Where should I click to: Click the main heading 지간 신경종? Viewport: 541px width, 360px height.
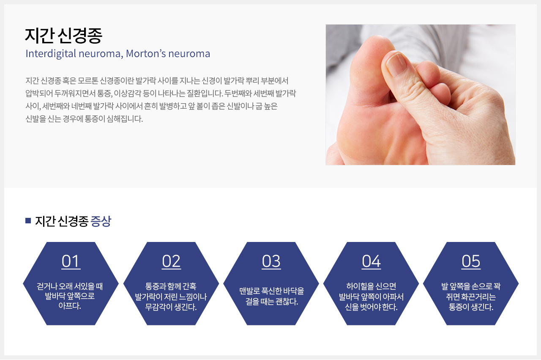coord(64,36)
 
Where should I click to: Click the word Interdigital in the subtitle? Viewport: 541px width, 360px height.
coord(51,54)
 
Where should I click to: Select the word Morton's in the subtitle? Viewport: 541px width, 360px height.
coord(146,53)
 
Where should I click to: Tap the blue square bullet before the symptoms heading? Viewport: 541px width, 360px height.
coord(28,220)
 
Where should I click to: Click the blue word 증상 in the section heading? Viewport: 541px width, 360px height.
coord(101,221)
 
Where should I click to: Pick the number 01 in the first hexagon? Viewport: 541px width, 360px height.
coord(71,261)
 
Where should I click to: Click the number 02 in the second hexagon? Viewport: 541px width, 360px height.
coord(171,261)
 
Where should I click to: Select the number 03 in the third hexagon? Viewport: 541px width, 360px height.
coord(271,261)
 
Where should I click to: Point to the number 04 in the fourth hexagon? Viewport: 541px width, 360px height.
coord(371,261)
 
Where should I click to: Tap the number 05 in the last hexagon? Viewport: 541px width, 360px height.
coord(471,261)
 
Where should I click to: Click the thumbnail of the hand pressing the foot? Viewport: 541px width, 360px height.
coord(421,94)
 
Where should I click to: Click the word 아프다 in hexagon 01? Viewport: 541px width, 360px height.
coord(68,306)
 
